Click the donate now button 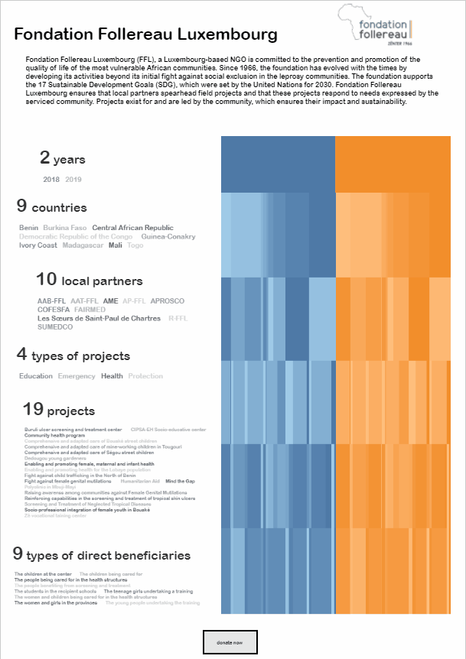230,642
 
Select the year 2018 51,180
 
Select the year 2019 73,180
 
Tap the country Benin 28,228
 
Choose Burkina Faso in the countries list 65,228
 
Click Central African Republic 132,228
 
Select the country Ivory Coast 38,245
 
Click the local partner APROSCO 168,301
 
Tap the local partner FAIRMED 90,310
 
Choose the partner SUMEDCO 55,327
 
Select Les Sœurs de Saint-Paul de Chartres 99,318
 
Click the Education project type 36,376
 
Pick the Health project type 112,376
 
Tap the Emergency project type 77,376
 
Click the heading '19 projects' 59,411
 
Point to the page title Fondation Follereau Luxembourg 146,35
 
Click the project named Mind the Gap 181,482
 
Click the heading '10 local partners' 89,281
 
